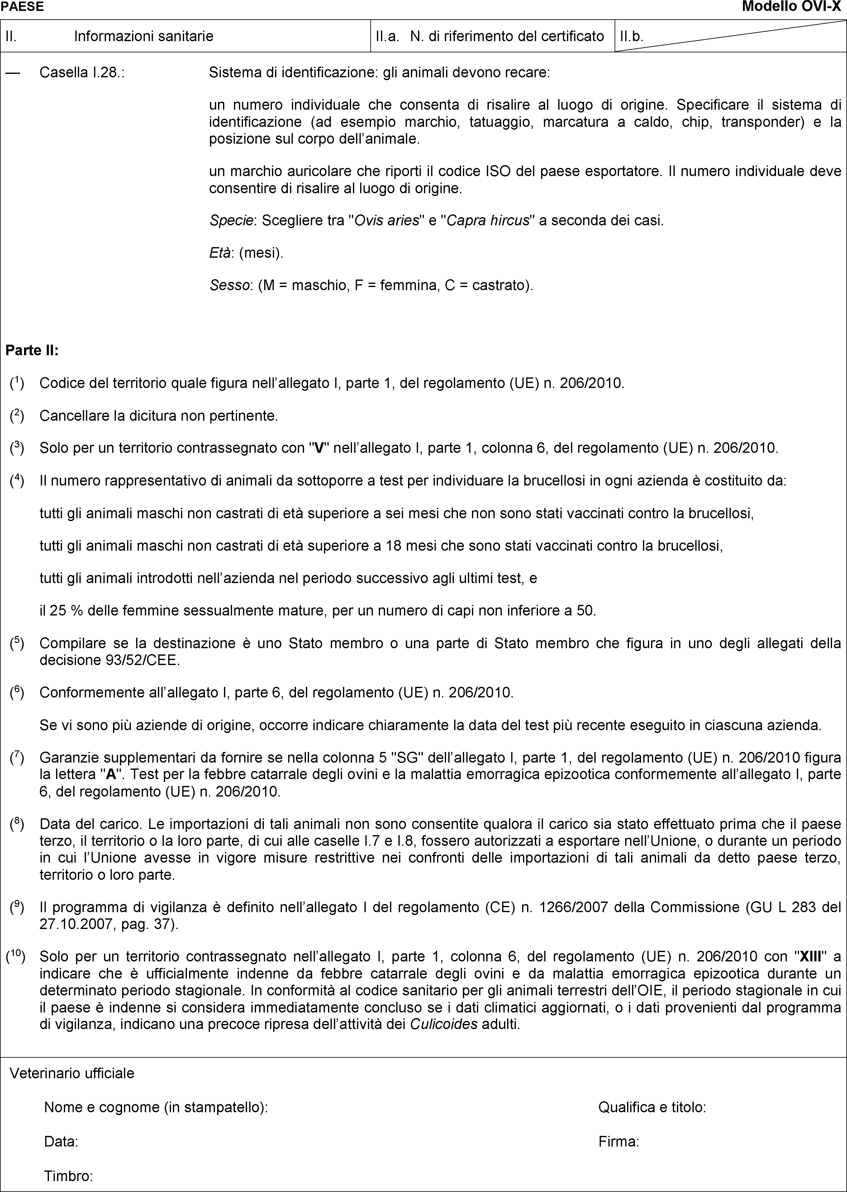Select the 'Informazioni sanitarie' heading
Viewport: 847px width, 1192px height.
coord(143,36)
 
